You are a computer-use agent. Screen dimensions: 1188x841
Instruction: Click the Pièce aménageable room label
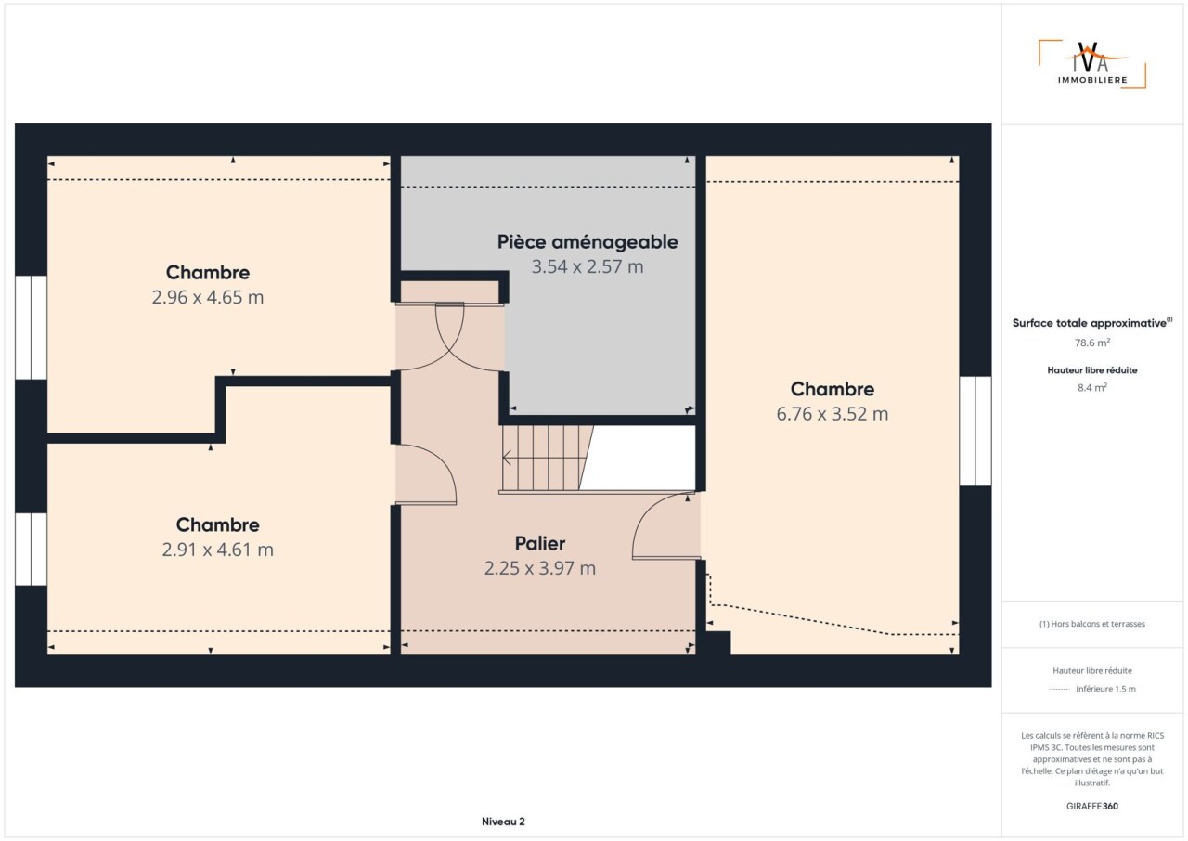pos(588,242)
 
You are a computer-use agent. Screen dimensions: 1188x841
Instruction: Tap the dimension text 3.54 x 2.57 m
pos(588,266)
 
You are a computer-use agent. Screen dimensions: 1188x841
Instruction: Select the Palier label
pos(540,544)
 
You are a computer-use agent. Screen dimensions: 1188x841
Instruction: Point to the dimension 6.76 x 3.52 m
pos(833,414)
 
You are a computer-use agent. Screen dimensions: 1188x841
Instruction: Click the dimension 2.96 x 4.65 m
pos(207,297)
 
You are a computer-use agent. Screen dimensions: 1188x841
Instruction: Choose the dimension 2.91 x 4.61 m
pos(217,550)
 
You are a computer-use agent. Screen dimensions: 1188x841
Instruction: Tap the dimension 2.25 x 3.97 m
pos(540,568)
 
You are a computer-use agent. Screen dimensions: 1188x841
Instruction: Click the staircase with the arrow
pos(547,459)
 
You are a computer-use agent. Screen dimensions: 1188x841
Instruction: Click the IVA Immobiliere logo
pos(1092,65)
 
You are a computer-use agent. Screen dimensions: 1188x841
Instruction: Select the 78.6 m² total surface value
pos(1092,343)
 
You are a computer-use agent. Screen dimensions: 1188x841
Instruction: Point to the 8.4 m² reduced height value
pos(1092,388)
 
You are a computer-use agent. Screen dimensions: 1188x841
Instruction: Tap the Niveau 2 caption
pos(503,822)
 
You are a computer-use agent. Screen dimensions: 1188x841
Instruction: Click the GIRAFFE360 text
pos(1092,806)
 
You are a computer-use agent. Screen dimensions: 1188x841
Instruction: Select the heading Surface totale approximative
pos(1089,323)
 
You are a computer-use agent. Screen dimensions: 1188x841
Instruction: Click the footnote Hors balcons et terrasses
pos(1092,624)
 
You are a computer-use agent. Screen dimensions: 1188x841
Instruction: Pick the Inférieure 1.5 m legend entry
pos(1105,689)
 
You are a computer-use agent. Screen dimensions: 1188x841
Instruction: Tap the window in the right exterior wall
pos(975,431)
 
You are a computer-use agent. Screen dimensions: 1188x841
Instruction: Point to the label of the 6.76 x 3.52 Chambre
pos(833,389)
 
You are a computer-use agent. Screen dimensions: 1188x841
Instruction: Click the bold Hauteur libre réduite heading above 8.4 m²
pos(1092,370)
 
